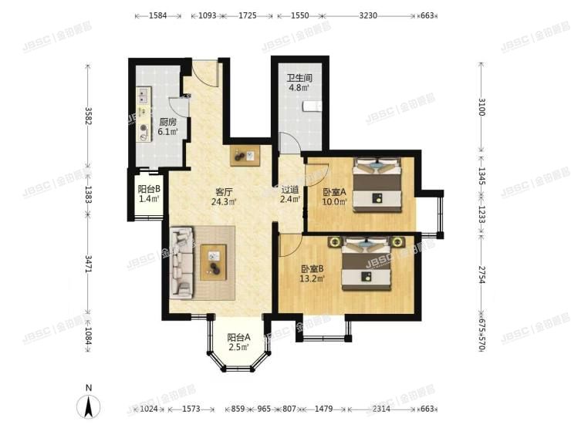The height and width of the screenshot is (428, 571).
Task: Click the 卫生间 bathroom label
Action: click(x=299, y=77)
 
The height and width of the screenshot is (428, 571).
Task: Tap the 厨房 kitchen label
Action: click(x=168, y=122)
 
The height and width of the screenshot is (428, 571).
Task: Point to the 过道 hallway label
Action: click(x=289, y=188)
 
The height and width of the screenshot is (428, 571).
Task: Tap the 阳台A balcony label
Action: click(x=238, y=336)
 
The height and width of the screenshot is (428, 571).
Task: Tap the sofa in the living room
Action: click(x=181, y=262)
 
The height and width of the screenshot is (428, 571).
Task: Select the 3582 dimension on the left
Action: click(x=89, y=116)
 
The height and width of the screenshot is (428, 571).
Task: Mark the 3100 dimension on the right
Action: click(x=481, y=107)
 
